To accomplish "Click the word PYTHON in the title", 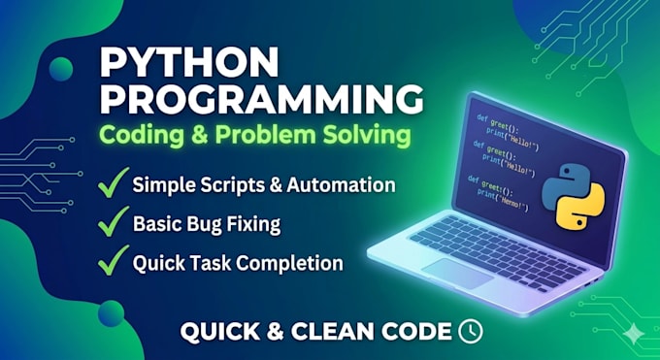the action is click(x=189, y=61).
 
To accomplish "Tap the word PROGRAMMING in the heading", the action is click(x=261, y=100).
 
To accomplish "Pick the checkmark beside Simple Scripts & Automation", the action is click(x=113, y=182).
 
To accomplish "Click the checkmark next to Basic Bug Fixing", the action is click(x=113, y=221).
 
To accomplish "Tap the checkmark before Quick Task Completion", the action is click(x=113, y=260).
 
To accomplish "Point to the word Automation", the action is click(x=341, y=185).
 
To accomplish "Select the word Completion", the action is click(x=289, y=264).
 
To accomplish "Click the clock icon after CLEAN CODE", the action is click(x=470, y=331).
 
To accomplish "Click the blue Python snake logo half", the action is click(x=562, y=186).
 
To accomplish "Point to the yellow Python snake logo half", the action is click(x=580, y=206).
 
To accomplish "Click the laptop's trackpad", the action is click(x=457, y=274).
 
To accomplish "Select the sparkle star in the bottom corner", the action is click(x=633, y=334).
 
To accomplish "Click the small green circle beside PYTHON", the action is click(x=61, y=69).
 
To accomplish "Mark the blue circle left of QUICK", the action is click(x=111, y=313).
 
